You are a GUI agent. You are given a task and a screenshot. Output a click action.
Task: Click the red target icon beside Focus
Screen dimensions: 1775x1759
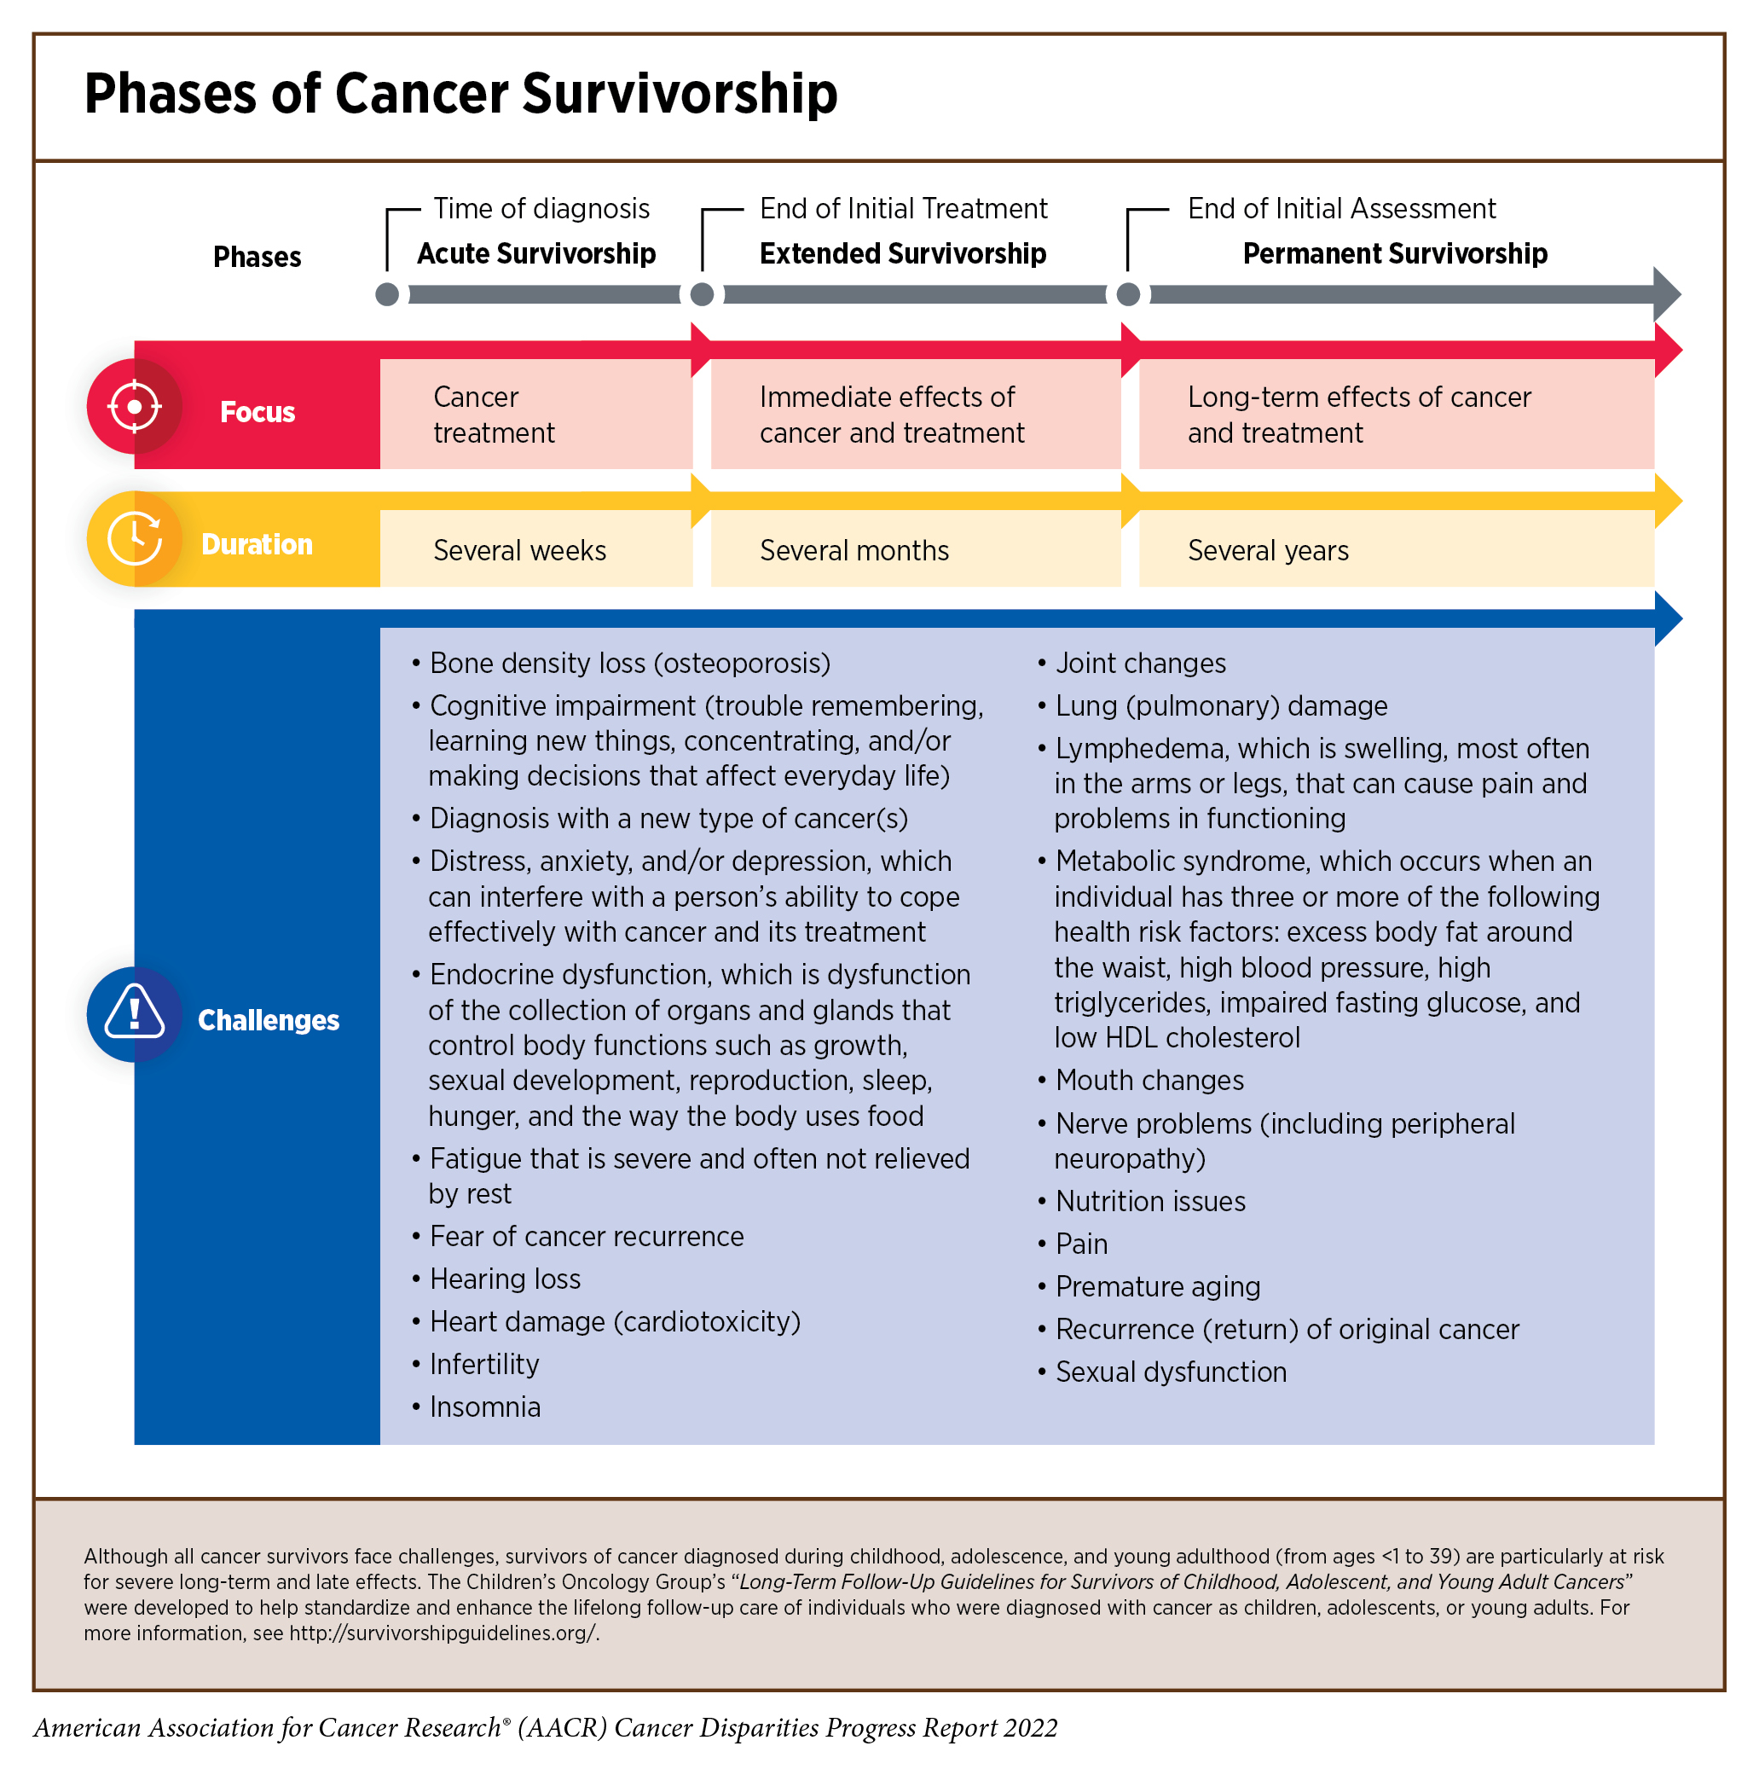tap(134, 406)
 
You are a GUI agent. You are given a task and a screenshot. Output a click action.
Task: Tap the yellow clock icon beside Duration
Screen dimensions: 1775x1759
tap(134, 538)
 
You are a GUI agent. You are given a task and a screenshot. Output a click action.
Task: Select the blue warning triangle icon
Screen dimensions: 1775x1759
tap(134, 1013)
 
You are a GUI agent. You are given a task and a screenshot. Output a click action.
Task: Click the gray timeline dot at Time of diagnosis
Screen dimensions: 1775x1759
tap(388, 294)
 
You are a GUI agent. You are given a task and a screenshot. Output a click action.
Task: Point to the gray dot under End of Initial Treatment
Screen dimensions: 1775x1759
tap(702, 294)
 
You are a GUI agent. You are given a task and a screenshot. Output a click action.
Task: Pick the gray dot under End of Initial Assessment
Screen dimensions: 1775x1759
tap(1128, 294)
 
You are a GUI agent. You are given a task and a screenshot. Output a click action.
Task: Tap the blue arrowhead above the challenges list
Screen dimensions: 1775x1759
tap(1666, 618)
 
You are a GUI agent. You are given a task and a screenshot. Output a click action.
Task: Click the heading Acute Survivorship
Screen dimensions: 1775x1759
tap(536, 253)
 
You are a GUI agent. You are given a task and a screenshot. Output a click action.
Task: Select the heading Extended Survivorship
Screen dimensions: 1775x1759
tap(902, 253)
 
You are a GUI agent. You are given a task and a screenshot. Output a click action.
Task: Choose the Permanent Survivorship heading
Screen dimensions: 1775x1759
tap(1394, 253)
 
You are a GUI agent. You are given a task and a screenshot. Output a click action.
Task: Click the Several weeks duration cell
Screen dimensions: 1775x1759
tap(519, 550)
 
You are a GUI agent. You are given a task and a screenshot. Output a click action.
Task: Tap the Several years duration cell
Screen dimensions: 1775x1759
tap(1268, 550)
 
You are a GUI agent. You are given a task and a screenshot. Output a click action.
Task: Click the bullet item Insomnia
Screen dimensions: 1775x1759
tap(485, 1407)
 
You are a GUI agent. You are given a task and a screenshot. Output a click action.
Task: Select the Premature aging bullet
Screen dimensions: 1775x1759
tap(1157, 1286)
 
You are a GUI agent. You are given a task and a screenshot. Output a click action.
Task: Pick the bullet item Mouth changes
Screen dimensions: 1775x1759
tap(1149, 1081)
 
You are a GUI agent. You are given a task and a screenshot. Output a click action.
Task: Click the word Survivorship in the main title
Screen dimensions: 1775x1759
tap(680, 94)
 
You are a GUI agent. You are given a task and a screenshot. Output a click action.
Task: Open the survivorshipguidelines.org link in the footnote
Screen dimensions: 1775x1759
tap(443, 1633)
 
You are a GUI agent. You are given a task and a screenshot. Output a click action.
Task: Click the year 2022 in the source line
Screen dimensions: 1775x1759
tap(1030, 1728)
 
